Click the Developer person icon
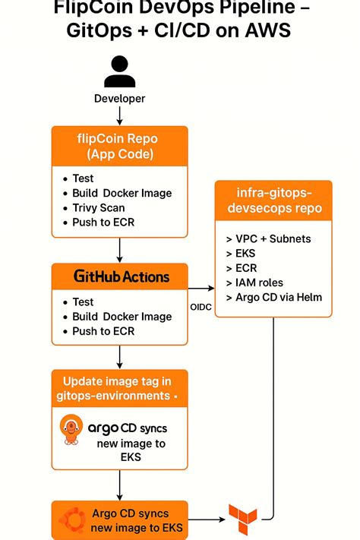point(119,72)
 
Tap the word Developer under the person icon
point(119,99)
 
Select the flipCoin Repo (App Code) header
point(119,147)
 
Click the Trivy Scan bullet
point(99,207)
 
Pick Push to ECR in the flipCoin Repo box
point(105,223)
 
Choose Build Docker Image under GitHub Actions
point(122,317)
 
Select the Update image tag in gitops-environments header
point(119,389)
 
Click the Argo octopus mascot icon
point(71,431)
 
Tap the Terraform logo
point(243,520)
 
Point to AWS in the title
point(266,31)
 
